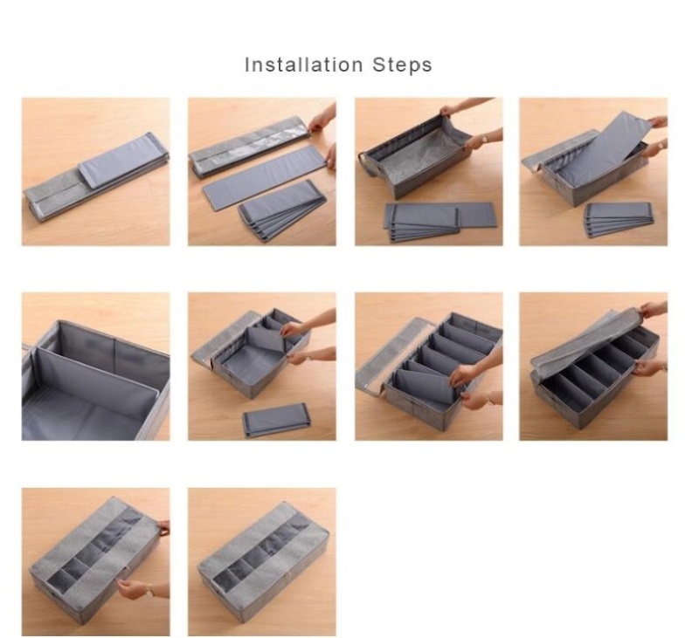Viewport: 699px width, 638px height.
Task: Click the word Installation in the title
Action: (303, 65)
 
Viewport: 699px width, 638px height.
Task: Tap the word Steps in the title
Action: (402, 65)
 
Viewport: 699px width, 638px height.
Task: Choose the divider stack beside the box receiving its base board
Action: (619, 220)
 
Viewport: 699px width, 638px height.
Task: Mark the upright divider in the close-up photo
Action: (96, 383)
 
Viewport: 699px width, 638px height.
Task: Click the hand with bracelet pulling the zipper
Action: (136, 589)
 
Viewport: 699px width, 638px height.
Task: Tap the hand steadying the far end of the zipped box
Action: (163, 527)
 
